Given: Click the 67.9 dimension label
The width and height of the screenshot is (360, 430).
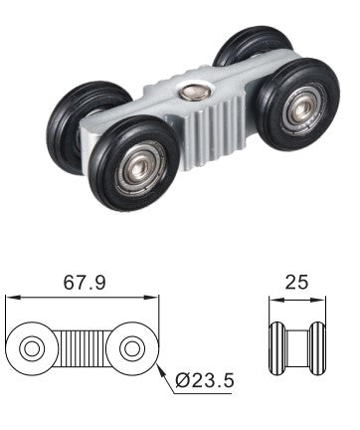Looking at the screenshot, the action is pos(85,283).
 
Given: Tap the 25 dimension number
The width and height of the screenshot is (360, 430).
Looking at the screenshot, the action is pos(296,282).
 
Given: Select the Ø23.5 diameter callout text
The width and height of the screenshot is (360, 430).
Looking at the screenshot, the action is pos(205,380).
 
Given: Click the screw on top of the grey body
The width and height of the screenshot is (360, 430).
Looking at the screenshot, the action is pos(195,92).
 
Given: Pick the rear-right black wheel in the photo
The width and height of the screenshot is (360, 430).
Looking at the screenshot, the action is pos(254,46).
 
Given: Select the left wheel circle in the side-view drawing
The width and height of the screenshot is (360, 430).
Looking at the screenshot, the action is pos(32,348).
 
